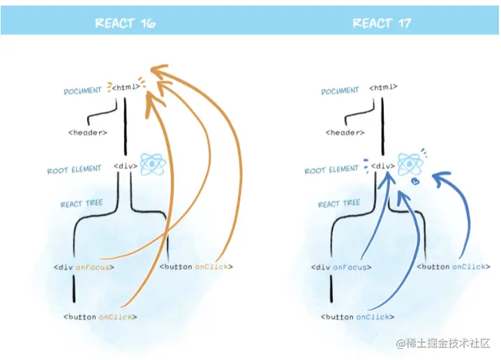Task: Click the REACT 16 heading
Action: tap(125, 24)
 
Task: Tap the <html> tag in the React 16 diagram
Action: tap(126, 88)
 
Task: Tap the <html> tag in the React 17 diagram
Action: tap(383, 88)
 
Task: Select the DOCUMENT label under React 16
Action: tap(83, 91)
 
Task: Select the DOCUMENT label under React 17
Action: tap(340, 91)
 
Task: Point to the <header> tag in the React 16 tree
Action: tap(88, 132)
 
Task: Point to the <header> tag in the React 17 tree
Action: tap(345, 132)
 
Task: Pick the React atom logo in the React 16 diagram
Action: tap(152, 165)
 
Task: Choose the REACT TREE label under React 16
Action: tap(82, 204)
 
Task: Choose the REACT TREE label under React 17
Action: tap(339, 204)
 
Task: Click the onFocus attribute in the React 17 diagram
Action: tap(352, 267)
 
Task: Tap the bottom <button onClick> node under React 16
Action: tap(100, 317)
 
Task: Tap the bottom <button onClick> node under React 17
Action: tap(357, 317)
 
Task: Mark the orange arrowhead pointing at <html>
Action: tap(160, 72)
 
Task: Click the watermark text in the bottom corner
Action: tap(444, 343)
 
